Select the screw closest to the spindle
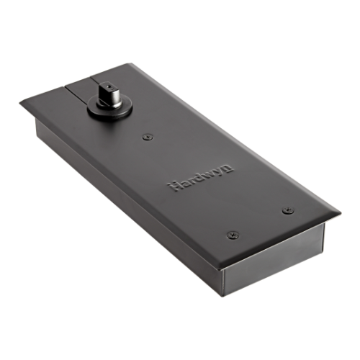pyautogui.click(x=147, y=136)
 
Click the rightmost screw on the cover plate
pyautogui.click(x=288, y=210)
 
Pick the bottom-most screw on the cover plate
pyautogui.click(x=232, y=235)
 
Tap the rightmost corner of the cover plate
pyautogui.click(x=340, y=213)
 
